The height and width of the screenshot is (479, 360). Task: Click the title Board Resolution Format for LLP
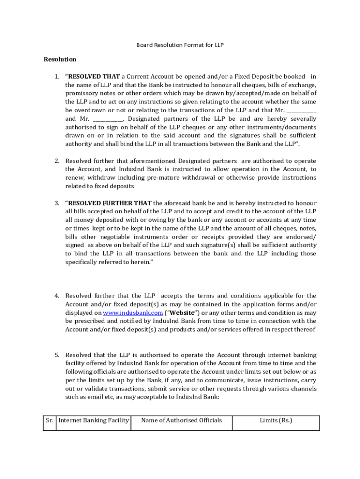(180, 45)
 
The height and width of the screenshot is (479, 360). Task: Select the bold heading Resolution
(60, 59)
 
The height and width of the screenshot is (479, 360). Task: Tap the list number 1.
(56, 76)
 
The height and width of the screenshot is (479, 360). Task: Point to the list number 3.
(56, 203)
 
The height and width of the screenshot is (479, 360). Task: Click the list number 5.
(56, 355)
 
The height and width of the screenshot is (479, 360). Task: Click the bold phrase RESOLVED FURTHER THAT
(108, 203)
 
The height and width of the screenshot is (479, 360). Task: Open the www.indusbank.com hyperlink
(133, 312)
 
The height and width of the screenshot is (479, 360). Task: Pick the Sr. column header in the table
(50, 421)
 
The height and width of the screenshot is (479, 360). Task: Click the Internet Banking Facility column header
(94, 421)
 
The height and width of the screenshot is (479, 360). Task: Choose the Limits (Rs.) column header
(276, 421)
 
